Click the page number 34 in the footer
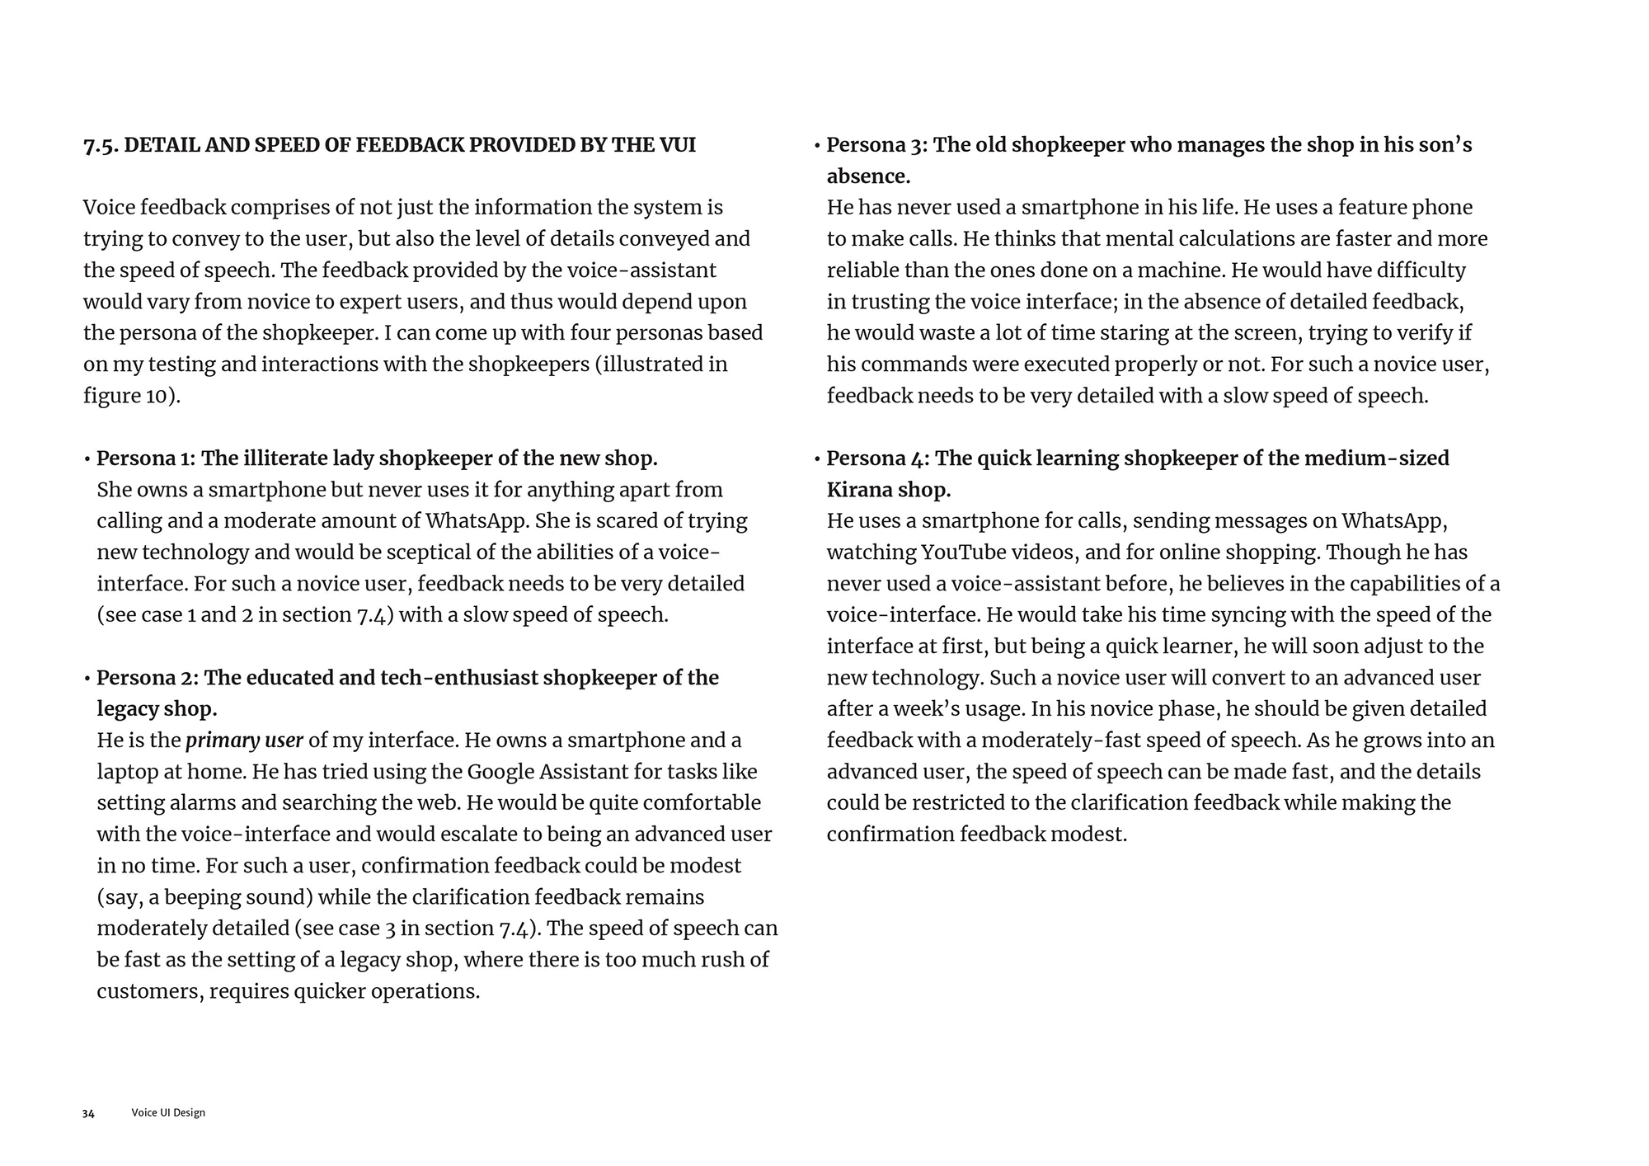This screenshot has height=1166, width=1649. click(88, 1113)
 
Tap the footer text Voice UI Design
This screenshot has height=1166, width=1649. click(168, 1112)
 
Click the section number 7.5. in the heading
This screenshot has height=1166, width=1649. click(101, 145)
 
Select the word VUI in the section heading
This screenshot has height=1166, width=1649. click(677, 145)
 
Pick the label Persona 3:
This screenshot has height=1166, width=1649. click(876, 145)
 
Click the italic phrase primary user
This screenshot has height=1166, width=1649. click(244, 741)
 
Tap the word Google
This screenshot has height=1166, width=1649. click(500, 772)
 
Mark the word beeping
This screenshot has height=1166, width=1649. click(270, 897)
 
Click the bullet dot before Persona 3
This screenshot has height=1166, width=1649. click(817, 146)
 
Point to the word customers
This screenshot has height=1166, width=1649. click(149, 991)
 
